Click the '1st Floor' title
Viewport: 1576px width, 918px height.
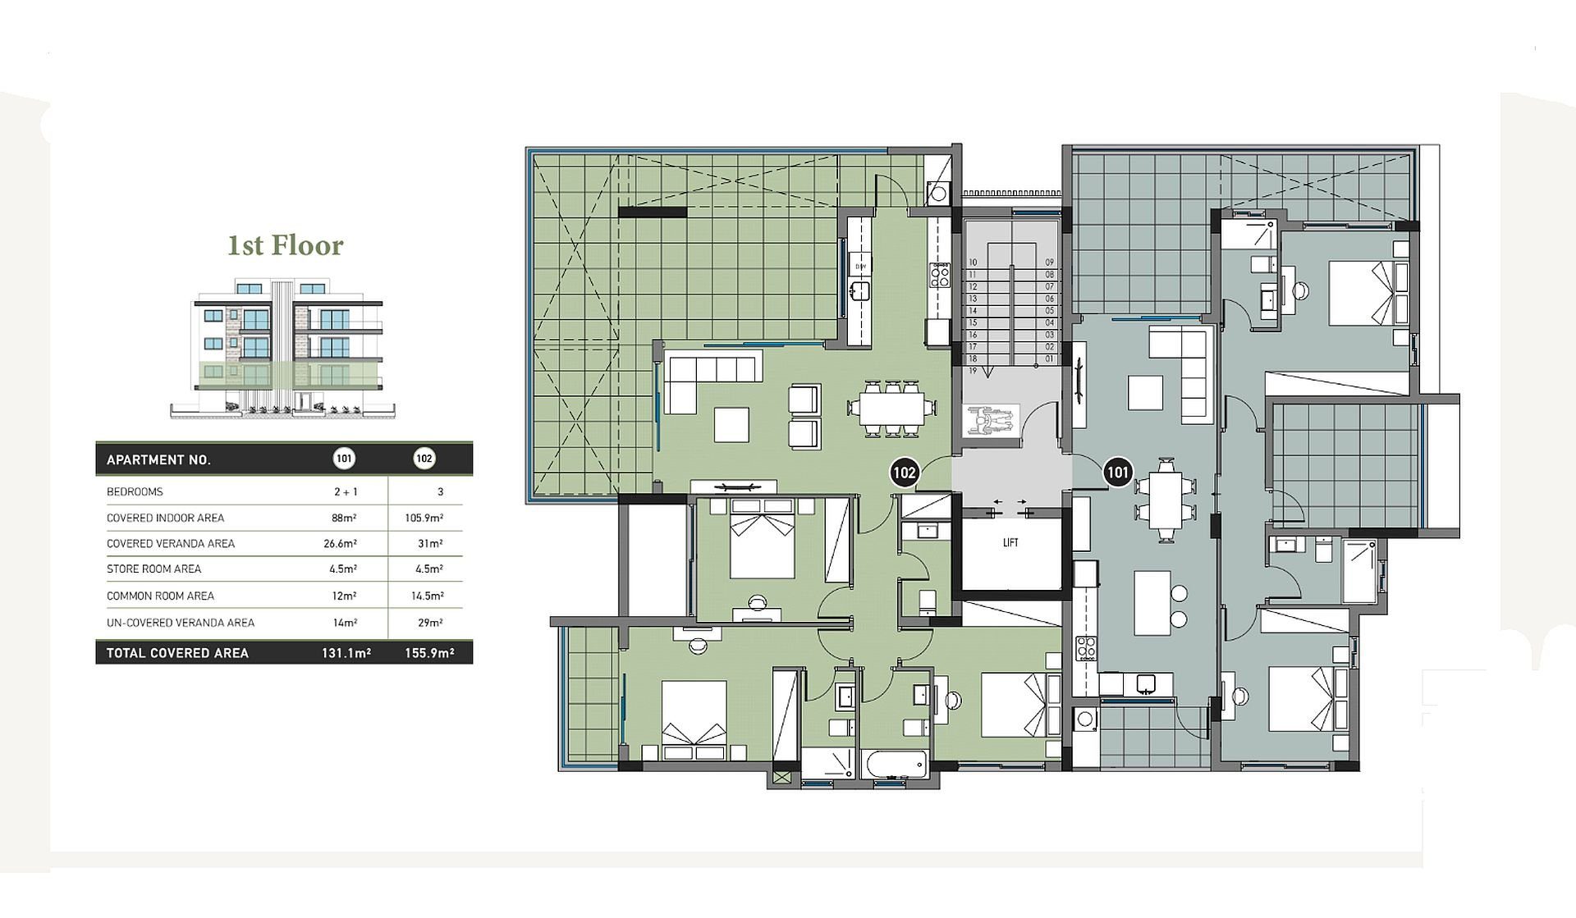click(x=285, y=244)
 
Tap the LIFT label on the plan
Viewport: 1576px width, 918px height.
click(x=1010, y=543)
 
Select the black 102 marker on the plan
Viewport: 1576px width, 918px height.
click(x=904, y=473)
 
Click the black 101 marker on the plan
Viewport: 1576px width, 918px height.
click(x=1117, y=473)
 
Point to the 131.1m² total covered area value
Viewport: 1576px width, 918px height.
click(x=346, y=653)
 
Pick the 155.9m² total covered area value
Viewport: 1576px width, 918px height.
click(x=428, y=653)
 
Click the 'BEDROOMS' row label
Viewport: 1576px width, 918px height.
click(x=135, y=492)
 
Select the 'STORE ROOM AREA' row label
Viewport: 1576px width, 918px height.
click(x=153, y=569)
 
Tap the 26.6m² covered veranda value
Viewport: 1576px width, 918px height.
click(x=341, y=543)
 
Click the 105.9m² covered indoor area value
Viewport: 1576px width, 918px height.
click(x=424, y=518)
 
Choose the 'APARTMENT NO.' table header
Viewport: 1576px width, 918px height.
click(x=158, y=459)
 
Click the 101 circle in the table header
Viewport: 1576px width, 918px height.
click(x=344, y=459)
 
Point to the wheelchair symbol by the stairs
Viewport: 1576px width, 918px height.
click(x=991, y=419)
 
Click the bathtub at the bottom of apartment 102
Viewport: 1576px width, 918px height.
click(x=896, y=765)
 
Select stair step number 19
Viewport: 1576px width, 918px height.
click(x=973, y=371)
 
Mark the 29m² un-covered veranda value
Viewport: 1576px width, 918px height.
click(x=429, y=623)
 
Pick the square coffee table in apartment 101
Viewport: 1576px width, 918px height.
click(x=1145, y=392)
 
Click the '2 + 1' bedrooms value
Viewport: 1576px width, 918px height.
click(x=343, y=492)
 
